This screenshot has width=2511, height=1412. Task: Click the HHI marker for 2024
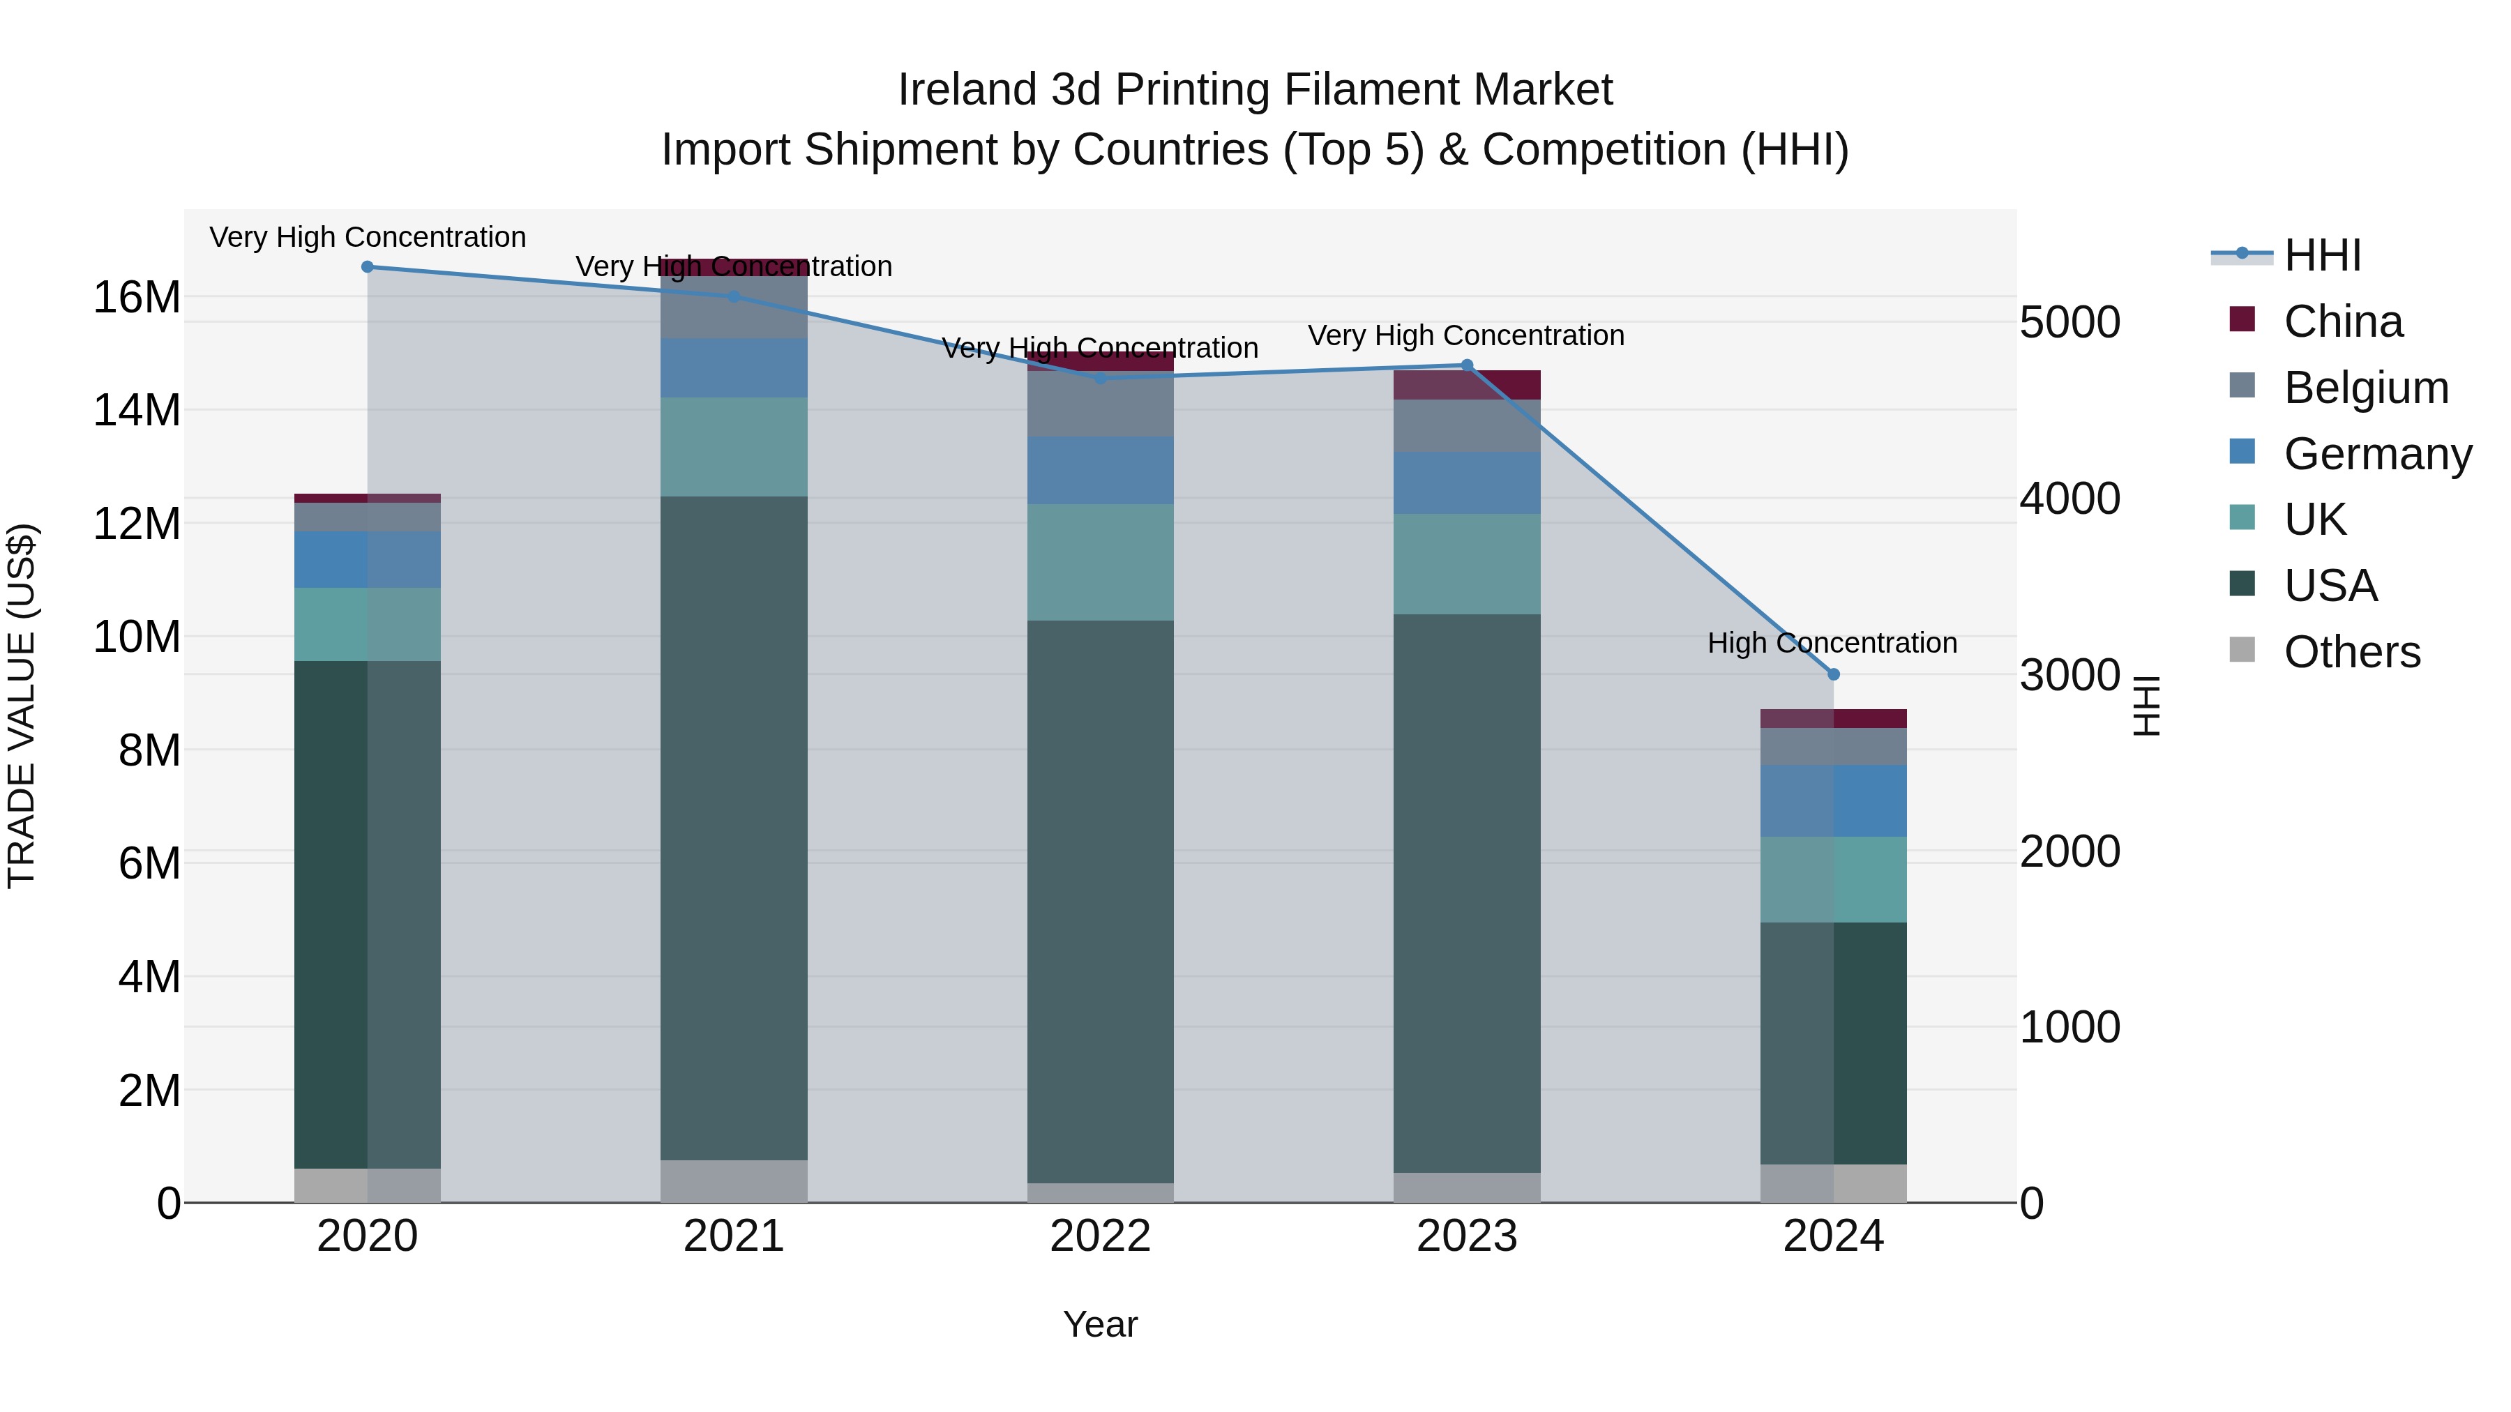click(1832, 674)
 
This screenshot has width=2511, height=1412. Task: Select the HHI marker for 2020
click(368, 267)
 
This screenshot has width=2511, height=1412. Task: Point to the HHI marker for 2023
click(1466, 365)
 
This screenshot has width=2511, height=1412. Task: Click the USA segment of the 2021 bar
click(734, 828)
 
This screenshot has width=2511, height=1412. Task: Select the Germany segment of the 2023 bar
click(1466, 483)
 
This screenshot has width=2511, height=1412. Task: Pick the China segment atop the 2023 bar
click(1466, 385)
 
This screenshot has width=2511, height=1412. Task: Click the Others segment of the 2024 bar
click(1832, 1183)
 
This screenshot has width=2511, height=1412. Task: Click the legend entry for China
click(2342, 321)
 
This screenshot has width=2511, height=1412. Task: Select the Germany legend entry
click(2376, 454)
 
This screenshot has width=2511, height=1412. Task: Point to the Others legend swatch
click(2242, 650)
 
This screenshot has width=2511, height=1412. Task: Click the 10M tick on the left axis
click(137, 637)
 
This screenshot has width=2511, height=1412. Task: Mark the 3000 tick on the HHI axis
click(2069, 675)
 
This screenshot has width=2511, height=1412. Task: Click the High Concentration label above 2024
click(1832, 643)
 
